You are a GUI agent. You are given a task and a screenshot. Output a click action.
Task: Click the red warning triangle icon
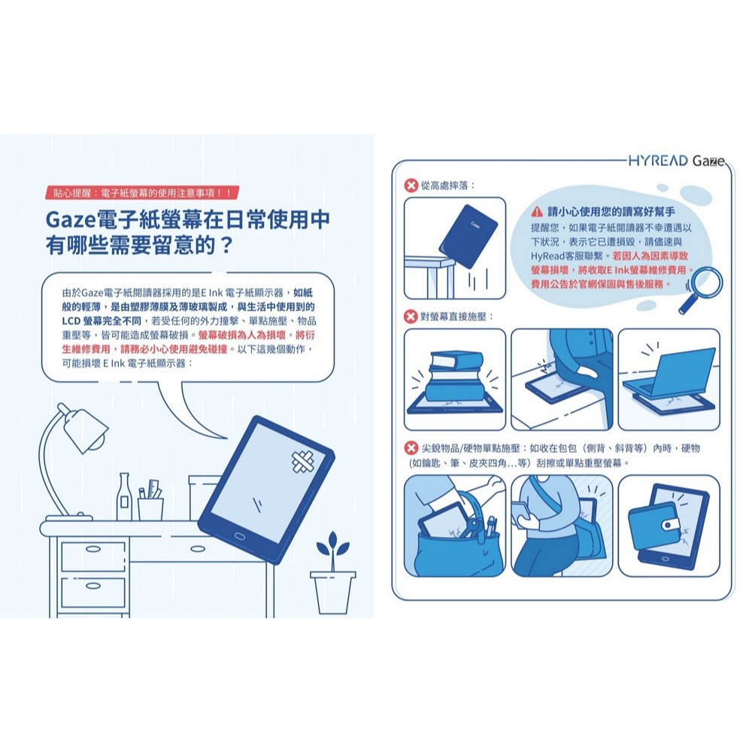coord(537,211)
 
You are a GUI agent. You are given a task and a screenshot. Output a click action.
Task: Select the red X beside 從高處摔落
coord(411,185)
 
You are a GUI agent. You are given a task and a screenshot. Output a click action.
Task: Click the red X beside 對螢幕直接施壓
coord(411,317)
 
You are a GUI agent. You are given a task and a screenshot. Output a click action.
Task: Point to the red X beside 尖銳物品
coord(411,448)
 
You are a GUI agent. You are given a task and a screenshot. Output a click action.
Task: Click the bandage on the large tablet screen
coord(303,462)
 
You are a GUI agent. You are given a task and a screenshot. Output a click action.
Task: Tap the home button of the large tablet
coord(239,535)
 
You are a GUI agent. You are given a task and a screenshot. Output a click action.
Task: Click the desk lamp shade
coord(85,430)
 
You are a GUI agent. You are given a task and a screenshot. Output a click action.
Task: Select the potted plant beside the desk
coord(332,572)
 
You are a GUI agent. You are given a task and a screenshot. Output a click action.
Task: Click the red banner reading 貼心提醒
coord(142,193)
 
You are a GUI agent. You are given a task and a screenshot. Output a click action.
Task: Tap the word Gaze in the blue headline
coord(71,220)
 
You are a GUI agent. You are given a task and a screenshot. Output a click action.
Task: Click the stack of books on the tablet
coord(456,375)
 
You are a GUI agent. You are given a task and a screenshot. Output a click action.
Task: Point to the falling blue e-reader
coord(468,236)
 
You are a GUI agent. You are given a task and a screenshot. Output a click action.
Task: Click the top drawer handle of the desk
coord(92,549)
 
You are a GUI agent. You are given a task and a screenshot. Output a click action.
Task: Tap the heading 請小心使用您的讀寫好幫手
coord(611,211)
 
